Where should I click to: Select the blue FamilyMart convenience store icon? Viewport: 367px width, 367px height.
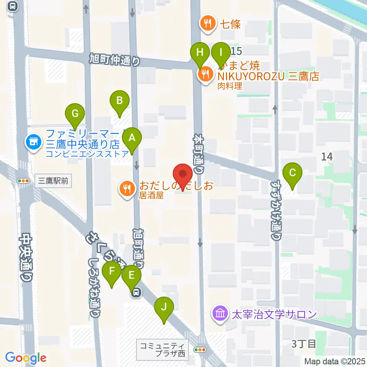[33, 143]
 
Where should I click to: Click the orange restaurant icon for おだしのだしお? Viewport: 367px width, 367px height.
[127, 188]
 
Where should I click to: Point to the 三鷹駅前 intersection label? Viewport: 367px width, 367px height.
[54, 181]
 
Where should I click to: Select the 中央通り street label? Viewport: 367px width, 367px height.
[26, 258]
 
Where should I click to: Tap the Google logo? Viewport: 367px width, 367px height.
[26, 358]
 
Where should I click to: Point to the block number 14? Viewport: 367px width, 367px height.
[327, 156]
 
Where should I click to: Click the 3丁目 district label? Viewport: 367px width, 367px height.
[304, 344]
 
